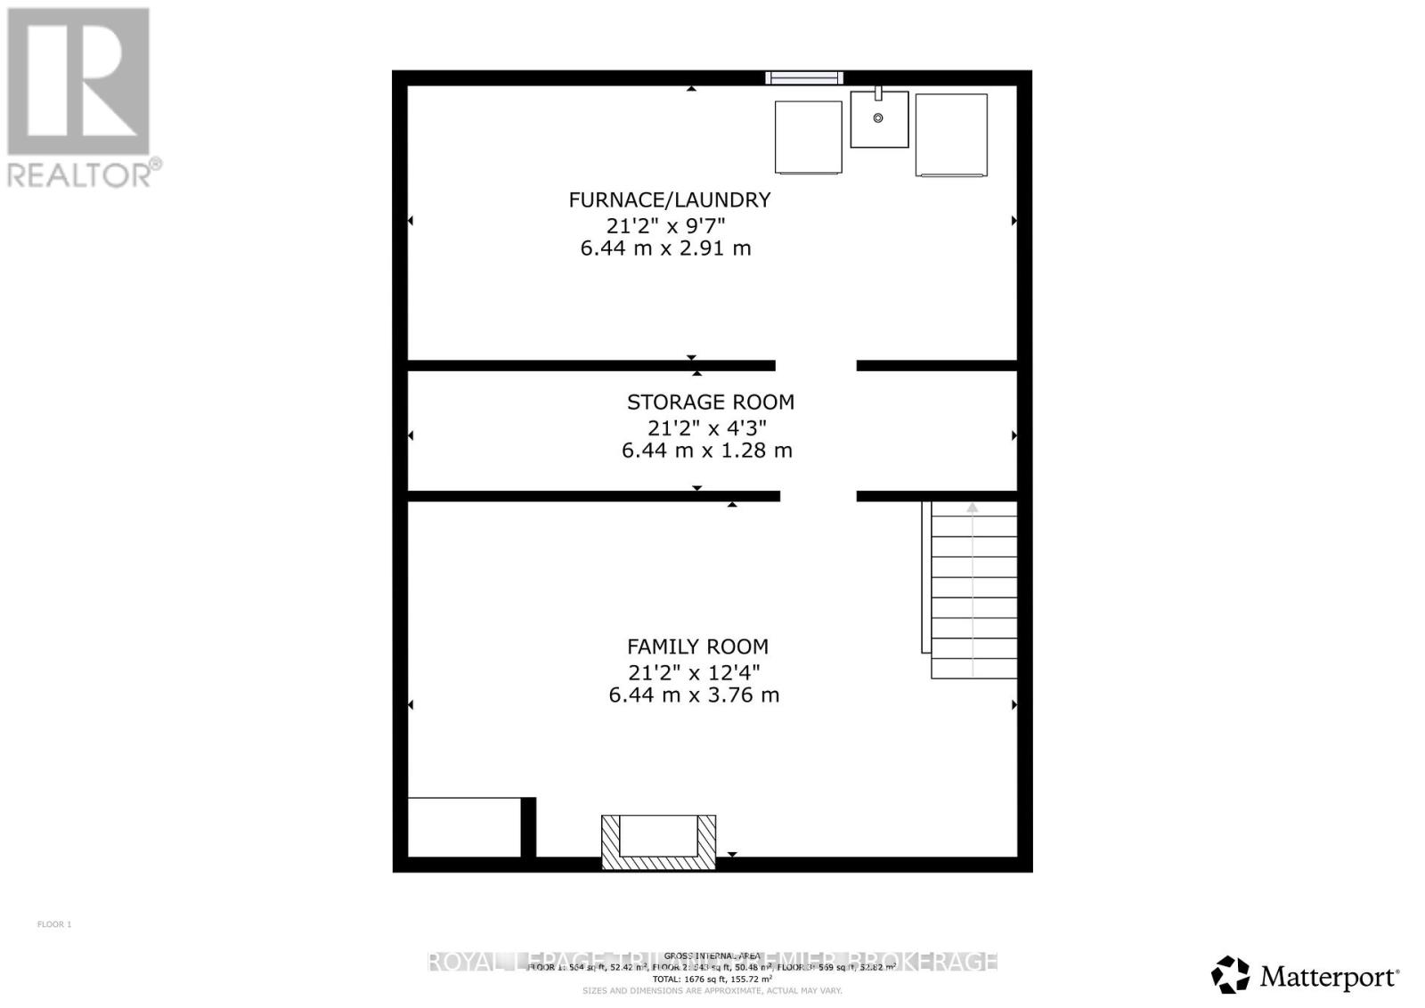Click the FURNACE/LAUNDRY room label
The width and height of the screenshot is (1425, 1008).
669,199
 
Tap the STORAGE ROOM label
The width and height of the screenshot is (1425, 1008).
710,402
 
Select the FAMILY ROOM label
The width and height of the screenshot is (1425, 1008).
696,646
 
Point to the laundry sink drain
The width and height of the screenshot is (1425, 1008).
878,118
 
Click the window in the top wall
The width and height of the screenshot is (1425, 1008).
803,78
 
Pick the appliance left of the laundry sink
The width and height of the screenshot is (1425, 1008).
808,137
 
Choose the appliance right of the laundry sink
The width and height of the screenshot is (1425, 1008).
951,135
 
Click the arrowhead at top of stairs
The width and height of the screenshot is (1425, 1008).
973,508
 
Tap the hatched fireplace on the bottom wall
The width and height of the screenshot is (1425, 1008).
658,841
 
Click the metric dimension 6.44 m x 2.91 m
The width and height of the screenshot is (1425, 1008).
665,248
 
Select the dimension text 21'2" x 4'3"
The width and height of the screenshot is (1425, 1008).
706,427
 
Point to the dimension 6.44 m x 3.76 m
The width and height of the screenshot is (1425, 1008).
694,695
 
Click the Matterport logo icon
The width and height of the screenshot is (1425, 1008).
1231,974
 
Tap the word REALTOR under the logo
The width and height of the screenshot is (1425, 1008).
80,175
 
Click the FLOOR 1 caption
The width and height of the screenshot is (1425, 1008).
54,924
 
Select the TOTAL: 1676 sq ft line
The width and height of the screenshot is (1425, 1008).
712,978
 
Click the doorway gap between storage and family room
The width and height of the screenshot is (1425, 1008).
818,496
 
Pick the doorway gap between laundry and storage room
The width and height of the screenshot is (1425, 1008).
816,365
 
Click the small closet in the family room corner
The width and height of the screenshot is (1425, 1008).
463,827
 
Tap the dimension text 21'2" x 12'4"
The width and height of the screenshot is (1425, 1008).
693,671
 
